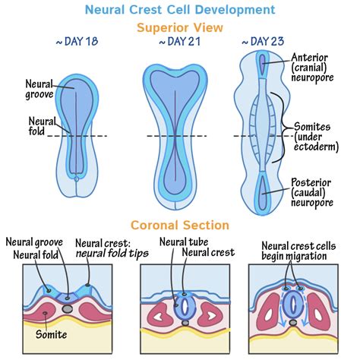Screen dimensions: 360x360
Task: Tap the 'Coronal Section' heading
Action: coord(180,225)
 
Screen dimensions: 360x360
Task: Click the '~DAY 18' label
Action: coord(75,43)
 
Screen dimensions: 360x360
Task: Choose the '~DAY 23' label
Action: coord(264,43)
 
